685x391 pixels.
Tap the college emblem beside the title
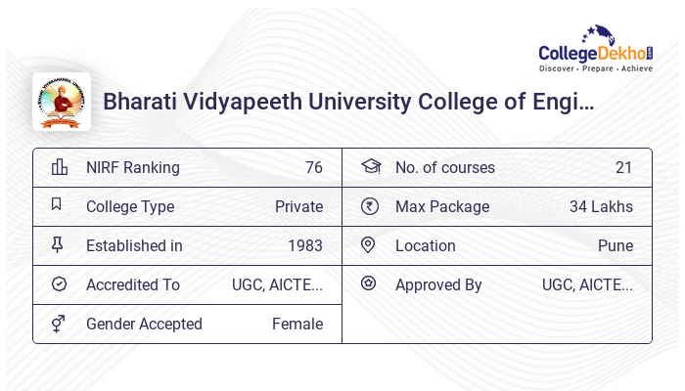[62, 102]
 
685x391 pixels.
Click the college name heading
[348, 102]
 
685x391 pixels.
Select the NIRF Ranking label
[133, 167]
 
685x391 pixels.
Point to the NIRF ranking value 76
[313, 167]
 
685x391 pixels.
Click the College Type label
[130, 206]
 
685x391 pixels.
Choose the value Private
[298, 206]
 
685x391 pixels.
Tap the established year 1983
[304, 245]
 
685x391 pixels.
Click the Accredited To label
[133, 284]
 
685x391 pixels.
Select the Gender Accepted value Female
[297, 324]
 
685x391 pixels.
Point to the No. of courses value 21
[623, 167]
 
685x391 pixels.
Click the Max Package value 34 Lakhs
[601, 206]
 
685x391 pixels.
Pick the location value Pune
[616, 245]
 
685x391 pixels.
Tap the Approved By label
[438, 284]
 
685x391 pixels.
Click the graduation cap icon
[370, 166]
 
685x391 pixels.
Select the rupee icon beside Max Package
[369, 206]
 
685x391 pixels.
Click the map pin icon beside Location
[369, 245]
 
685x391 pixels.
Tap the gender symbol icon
[59, 324]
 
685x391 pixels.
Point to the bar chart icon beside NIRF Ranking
[59, 167]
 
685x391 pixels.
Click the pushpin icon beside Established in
[58, 245]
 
